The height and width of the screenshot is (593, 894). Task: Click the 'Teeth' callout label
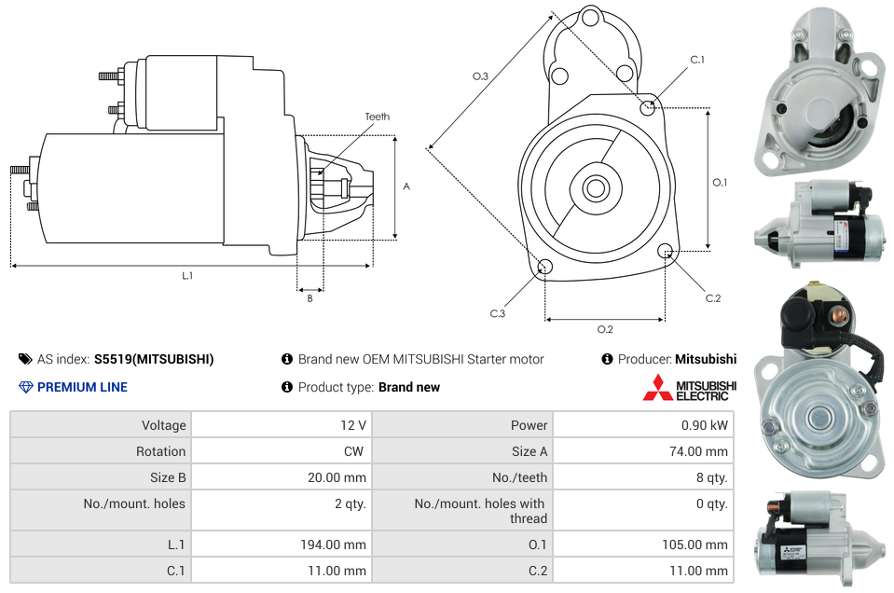377,117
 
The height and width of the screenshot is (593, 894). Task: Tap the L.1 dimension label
187,275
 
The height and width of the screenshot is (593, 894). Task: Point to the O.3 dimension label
480,76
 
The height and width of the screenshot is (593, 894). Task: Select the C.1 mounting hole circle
648,108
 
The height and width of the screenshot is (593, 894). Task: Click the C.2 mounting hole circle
666,251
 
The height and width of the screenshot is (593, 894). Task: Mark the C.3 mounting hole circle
545,269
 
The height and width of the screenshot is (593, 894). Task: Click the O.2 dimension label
605,329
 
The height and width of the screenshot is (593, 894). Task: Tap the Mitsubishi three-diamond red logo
657,387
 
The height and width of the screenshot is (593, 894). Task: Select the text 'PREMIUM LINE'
82,387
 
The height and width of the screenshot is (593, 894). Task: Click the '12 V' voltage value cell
353,425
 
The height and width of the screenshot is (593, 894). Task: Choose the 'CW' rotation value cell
357,451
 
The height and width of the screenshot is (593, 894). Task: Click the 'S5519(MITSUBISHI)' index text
154,359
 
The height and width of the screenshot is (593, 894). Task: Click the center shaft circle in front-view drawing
595,188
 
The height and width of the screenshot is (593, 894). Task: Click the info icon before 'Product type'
287,387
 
